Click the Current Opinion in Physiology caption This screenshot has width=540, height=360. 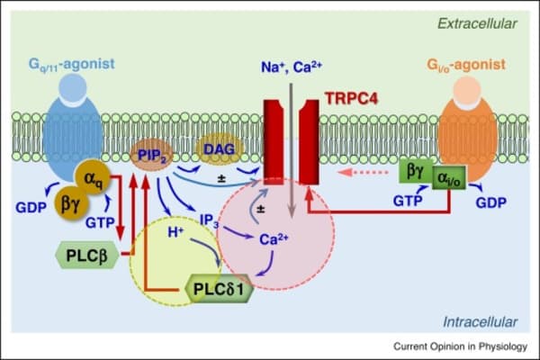tap(461, 346)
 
